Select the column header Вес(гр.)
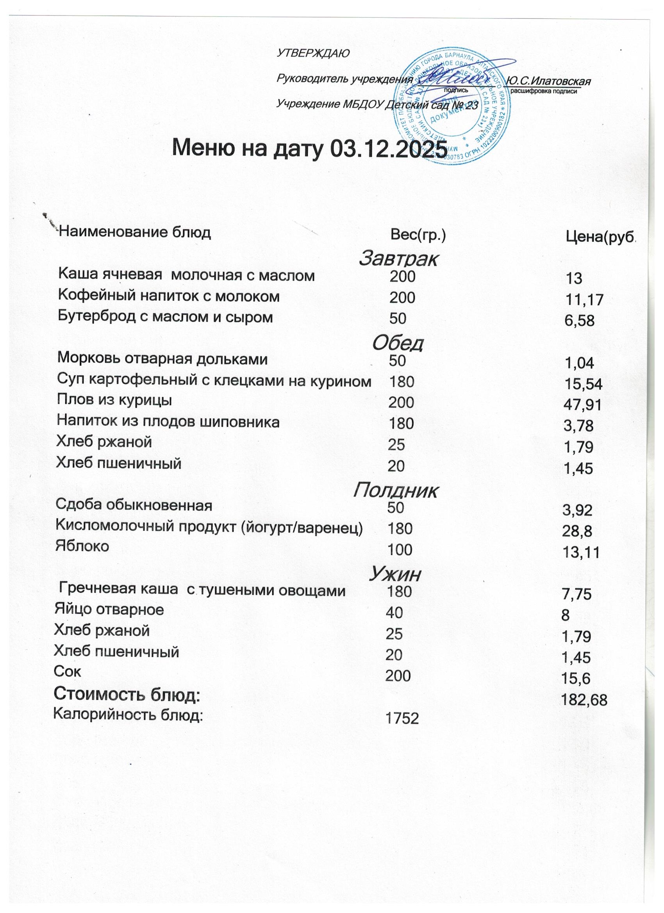click(418, 234)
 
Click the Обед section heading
click(398, 343)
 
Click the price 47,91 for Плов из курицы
click(583, 405)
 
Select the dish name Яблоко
click(82, 546)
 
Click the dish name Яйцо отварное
click(109, 610)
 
